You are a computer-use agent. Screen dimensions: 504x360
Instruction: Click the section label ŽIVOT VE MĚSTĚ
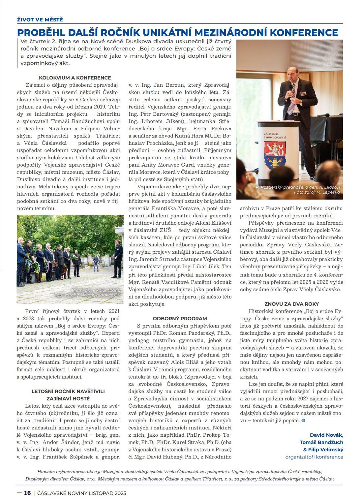coord(40,19)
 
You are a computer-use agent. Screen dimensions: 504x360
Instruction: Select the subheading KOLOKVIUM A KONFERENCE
coord(75,78)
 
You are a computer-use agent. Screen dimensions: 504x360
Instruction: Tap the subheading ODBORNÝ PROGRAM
coord(180,318)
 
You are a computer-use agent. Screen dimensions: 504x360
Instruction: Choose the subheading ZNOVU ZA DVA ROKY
coord(292,304)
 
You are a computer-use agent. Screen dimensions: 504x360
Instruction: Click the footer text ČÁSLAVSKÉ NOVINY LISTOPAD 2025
coord(82,493)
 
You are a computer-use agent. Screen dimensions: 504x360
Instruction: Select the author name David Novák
coord(326,435)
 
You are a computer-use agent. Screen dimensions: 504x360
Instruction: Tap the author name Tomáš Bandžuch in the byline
coord(321,442)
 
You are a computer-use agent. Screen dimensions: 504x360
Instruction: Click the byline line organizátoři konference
coord(314,457)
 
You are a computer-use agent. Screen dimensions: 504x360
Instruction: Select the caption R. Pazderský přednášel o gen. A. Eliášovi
coord(298,187)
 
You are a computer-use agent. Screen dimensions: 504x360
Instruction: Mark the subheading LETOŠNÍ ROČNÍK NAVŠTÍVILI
coord(68,391)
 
